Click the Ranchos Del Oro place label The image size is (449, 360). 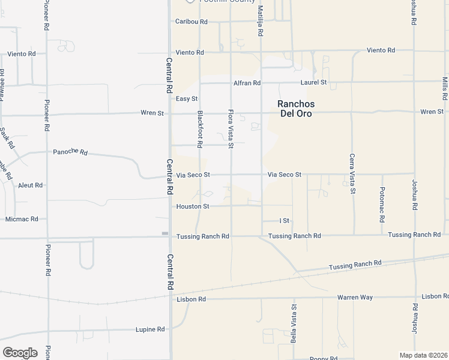pos(296,109)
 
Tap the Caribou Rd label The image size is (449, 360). pos(191,22)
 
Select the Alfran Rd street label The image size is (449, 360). pos(248,83)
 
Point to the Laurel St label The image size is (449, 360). pos(314,82)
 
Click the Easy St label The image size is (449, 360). pos(187,98)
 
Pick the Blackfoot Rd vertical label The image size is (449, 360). pos(199,128)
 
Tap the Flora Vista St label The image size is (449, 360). pos(230,128)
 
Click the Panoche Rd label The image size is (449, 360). pos(70,152)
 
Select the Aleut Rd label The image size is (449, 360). pos(30,185)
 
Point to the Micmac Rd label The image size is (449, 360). pos(22,219)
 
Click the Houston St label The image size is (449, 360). pos(192,206)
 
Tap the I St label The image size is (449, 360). pos(285,221)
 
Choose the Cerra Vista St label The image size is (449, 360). pos(352,174)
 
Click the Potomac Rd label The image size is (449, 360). pos(382,205)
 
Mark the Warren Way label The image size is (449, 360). pos(355,297)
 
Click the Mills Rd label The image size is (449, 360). pos(445,89)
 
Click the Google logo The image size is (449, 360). pos(20,353)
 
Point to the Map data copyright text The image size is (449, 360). pos(424,355)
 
